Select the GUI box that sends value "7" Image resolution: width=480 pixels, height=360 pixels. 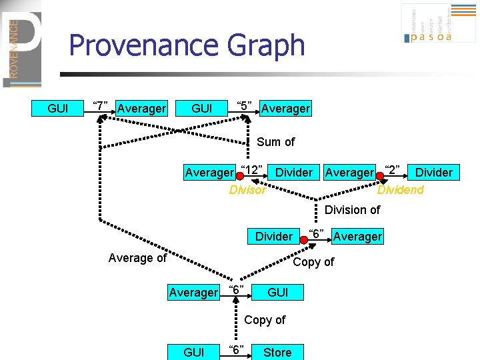[58, 108]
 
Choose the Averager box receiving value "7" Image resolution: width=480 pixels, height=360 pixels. [141, 108]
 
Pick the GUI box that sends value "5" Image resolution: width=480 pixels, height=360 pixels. [202, 108]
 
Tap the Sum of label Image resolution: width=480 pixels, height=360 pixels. [275, 141]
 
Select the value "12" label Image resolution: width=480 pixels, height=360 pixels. [252, 169]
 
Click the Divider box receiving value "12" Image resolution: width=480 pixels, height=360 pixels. [293, 173]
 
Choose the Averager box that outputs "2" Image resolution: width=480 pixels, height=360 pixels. [349, 173]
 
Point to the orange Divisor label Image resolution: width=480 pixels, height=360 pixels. [247, 190]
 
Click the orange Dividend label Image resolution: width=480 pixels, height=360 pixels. [400, 190]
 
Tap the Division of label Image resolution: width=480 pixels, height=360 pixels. [352, 210]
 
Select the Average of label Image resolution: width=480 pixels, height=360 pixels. [137, 257]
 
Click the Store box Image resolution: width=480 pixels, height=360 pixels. [277, 352]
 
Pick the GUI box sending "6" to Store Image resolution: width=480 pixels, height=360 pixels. [193, 352]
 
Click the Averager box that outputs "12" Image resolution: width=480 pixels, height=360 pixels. [209, 173]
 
